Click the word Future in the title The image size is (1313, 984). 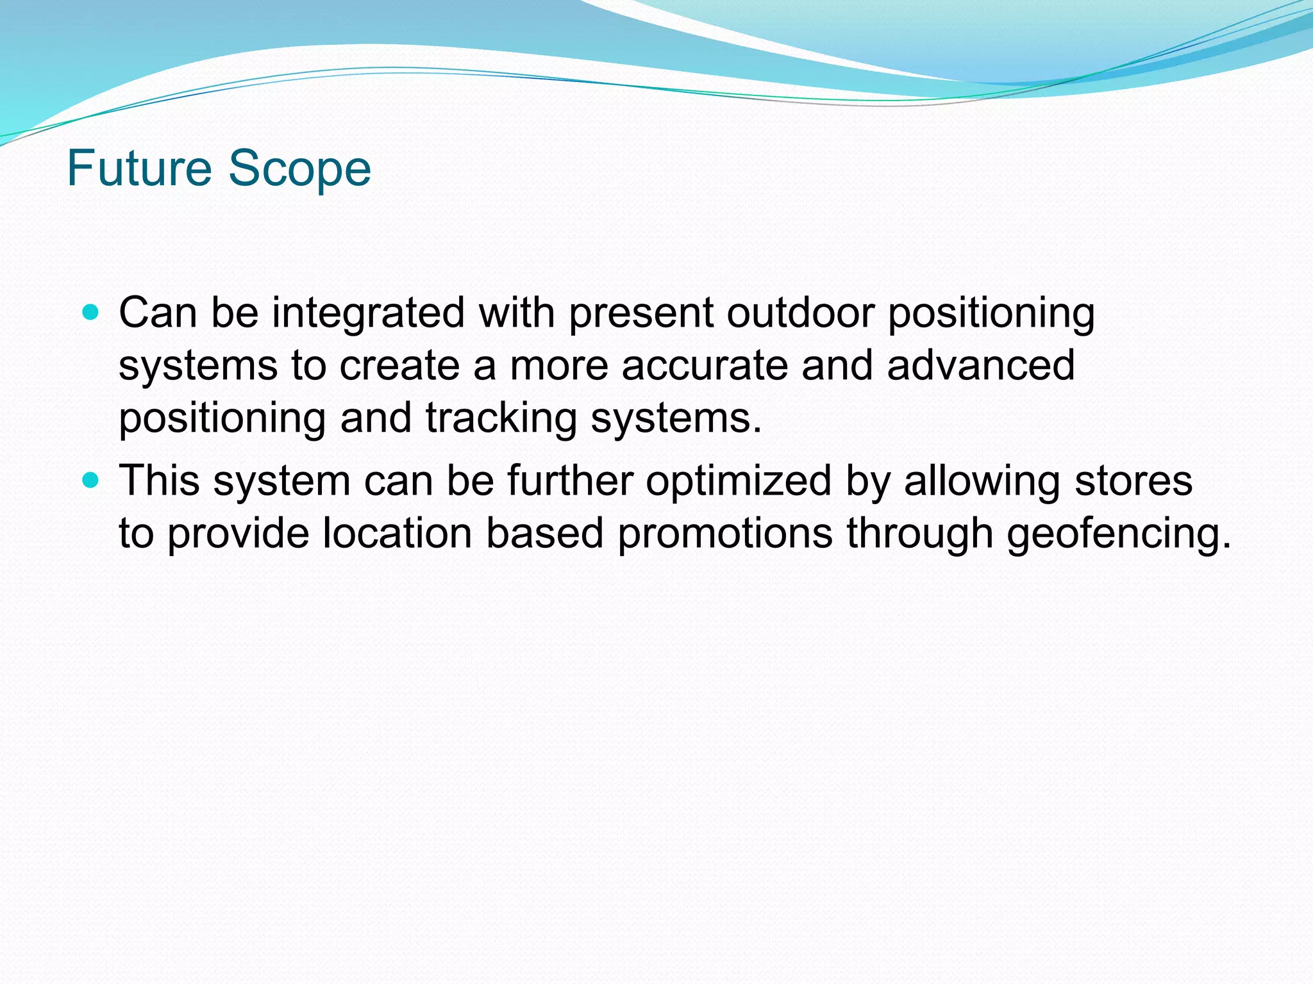(x=139, y=168)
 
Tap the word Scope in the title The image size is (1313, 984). (x=299, y=170)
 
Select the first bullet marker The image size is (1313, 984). (x=92, y=313)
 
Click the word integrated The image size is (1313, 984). (x=368, y=314)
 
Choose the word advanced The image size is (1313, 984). (x=980, y=365)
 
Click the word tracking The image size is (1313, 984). (x=501, y=419)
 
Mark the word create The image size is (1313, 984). (x=399, y=365)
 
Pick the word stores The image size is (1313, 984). (x=1133, y=480)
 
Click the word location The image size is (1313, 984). (x=397, y=533)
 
